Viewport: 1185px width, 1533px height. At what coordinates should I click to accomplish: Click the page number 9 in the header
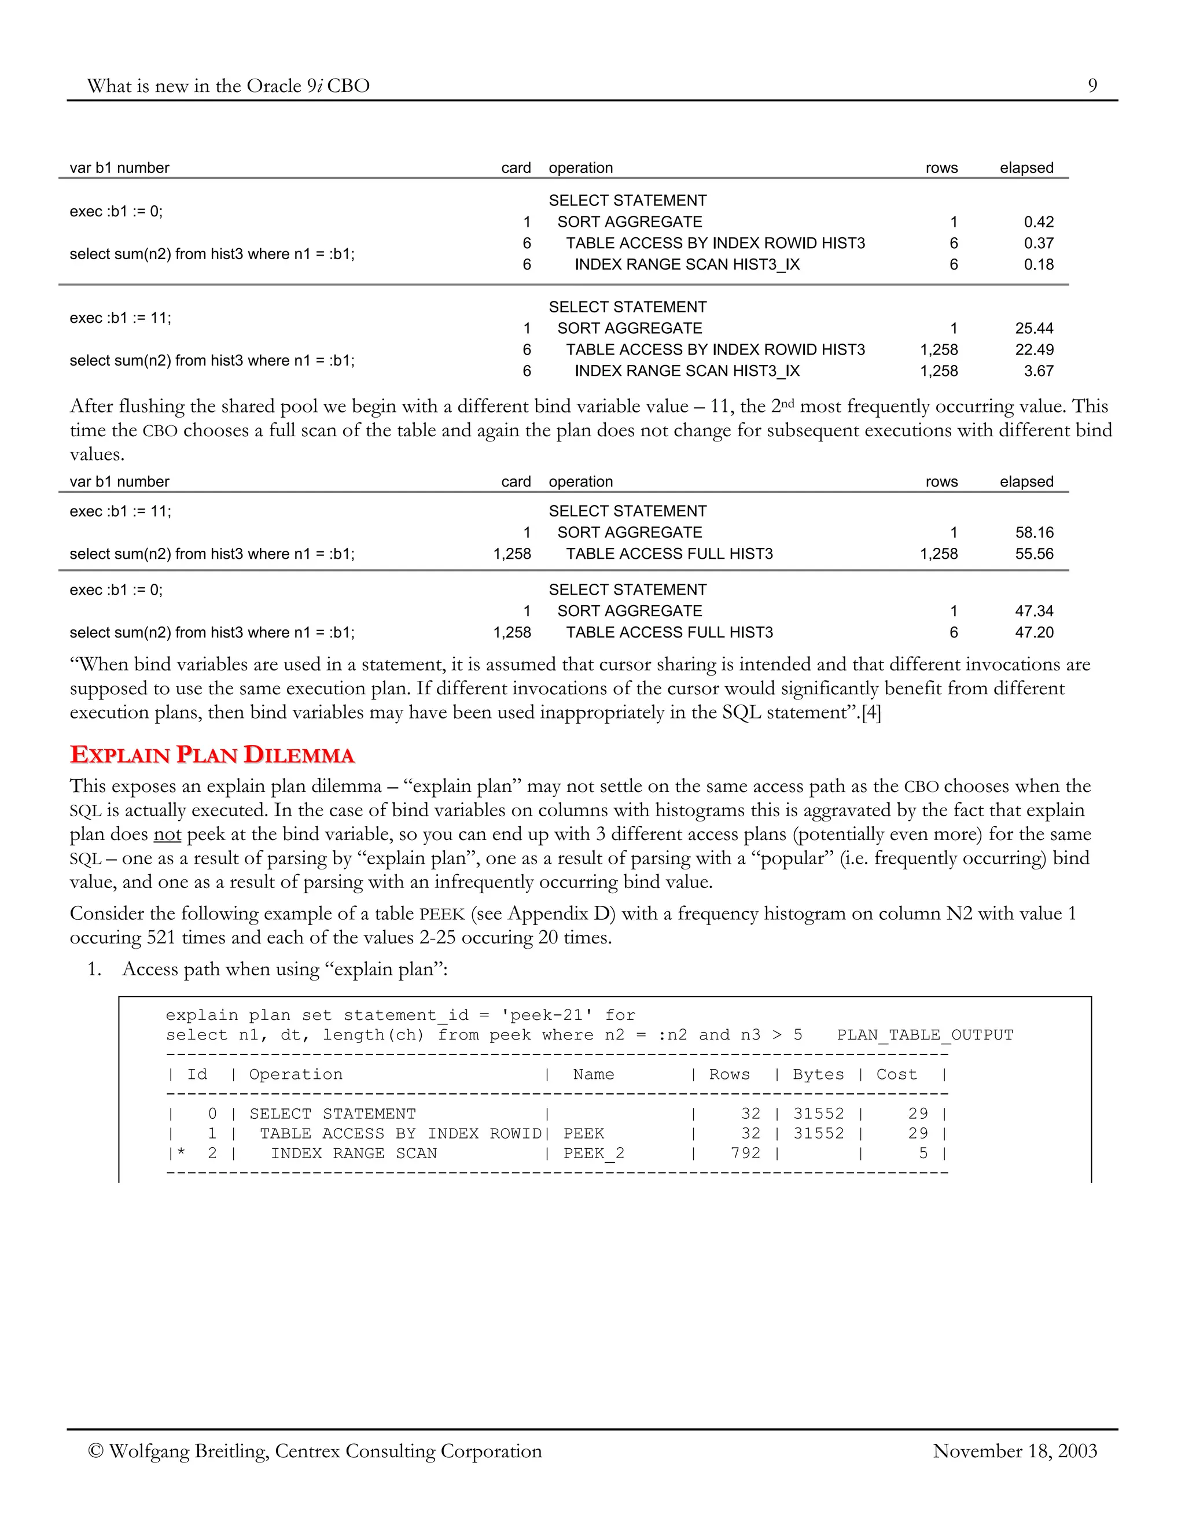pos(1092,86)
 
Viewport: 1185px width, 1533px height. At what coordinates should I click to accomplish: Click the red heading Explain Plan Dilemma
pos(212,756)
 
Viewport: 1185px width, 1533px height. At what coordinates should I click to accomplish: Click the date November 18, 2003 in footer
pos(1014,1451)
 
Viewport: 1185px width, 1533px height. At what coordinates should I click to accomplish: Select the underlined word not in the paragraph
pos(167,835)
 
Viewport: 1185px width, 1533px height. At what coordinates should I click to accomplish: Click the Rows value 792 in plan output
pos(745,1154)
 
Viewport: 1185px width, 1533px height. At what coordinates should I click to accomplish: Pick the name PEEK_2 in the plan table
pos(593,1154)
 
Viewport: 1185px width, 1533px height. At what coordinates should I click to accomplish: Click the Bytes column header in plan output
pos(818,1075)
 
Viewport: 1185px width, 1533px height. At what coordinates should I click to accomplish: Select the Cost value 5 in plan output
pos(923,1154)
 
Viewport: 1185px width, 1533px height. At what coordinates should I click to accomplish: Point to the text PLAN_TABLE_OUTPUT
pos(925,1035)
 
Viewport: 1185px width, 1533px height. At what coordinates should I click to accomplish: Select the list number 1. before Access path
pos(94,970)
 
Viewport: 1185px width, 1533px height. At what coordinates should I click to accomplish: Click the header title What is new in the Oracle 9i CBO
pos(228,86)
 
